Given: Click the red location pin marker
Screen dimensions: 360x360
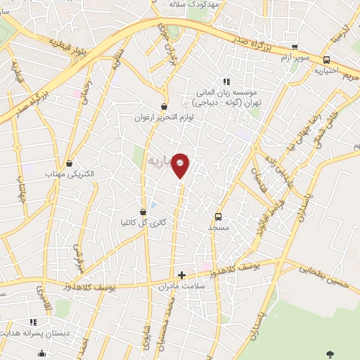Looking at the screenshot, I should [x=181, y=165].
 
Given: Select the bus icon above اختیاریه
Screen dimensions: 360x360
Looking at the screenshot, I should [x=326, y=60].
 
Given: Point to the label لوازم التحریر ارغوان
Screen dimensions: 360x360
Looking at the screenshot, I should [x=165, y=118].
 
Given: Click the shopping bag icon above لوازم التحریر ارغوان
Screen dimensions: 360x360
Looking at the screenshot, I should [x=164, y=107].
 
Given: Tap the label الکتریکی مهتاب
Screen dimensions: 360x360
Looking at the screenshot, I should [x=70, y=173].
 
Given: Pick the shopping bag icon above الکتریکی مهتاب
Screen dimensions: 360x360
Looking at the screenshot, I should [x=69, y=162].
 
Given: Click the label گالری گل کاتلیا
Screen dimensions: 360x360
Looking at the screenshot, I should [x=143, y=223].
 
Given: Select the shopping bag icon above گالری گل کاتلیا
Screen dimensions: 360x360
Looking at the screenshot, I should [x=143, y=212].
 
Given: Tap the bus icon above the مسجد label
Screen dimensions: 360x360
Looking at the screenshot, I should [x=218, y=217].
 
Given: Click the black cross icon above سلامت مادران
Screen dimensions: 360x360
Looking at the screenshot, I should [x=181, y=275].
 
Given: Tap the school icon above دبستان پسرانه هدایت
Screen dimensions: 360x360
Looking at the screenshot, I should [x=41, y=353].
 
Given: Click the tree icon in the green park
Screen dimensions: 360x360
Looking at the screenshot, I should [x=330, y=352].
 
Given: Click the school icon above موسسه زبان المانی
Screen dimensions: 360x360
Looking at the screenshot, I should [x=226, y=81].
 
